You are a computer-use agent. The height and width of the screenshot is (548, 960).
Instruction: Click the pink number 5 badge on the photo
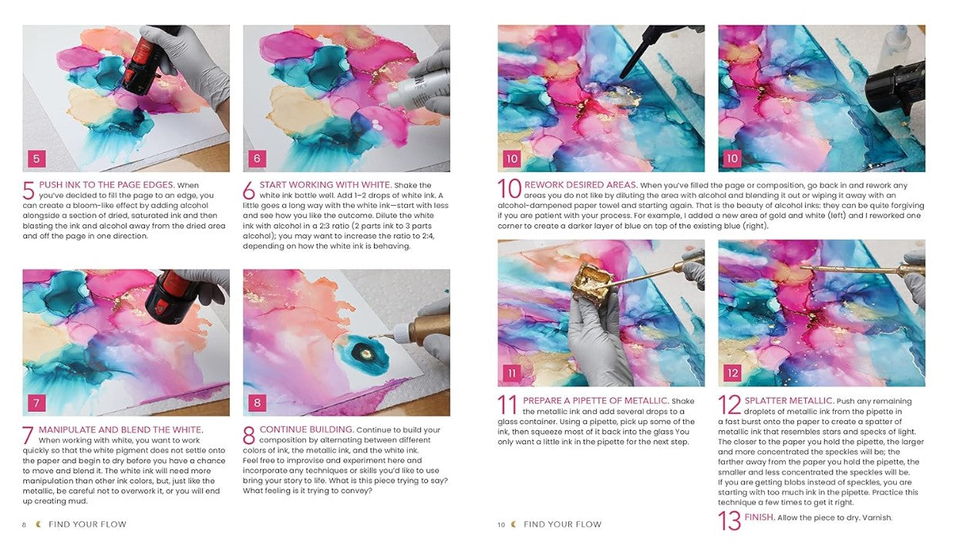point(36,159)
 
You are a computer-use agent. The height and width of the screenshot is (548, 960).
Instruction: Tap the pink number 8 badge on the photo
point(257,403)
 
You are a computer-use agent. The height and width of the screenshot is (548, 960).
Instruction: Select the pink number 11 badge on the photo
point(512,373)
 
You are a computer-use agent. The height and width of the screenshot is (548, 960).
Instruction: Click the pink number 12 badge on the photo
point(733,373)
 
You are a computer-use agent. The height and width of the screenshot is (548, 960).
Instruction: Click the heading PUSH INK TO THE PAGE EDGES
point(106,185)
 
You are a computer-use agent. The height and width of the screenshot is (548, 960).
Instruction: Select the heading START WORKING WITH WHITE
point(325,185)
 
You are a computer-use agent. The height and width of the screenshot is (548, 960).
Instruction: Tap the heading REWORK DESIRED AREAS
point(581,185)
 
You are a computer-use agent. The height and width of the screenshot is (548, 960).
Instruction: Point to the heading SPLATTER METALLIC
point(790,401)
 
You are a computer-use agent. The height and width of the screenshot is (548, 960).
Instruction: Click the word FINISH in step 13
point(760,517)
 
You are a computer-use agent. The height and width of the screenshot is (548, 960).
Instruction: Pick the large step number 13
point(729,520)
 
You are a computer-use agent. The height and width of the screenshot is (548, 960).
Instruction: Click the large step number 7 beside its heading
point(28,435)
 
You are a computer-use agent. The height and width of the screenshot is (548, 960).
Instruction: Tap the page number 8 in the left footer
point(25,525)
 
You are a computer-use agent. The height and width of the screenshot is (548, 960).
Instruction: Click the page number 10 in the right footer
point(501,525)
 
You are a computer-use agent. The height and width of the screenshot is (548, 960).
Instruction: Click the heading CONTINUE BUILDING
point(307,429)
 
